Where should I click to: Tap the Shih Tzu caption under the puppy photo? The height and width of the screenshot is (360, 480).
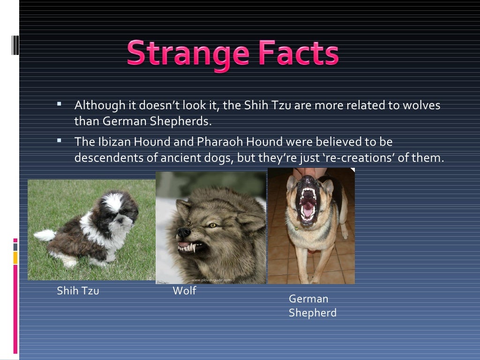(78, 291)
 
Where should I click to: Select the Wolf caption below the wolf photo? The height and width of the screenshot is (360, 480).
(184, 291)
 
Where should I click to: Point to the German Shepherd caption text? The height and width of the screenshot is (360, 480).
(312, 306)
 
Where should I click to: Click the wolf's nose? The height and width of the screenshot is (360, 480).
(183, 232)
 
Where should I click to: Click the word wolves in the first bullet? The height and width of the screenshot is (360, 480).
(420, 105)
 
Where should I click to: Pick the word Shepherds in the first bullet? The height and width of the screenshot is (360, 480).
(180, 122)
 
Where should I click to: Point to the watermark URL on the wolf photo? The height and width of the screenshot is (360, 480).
(211, 280)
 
